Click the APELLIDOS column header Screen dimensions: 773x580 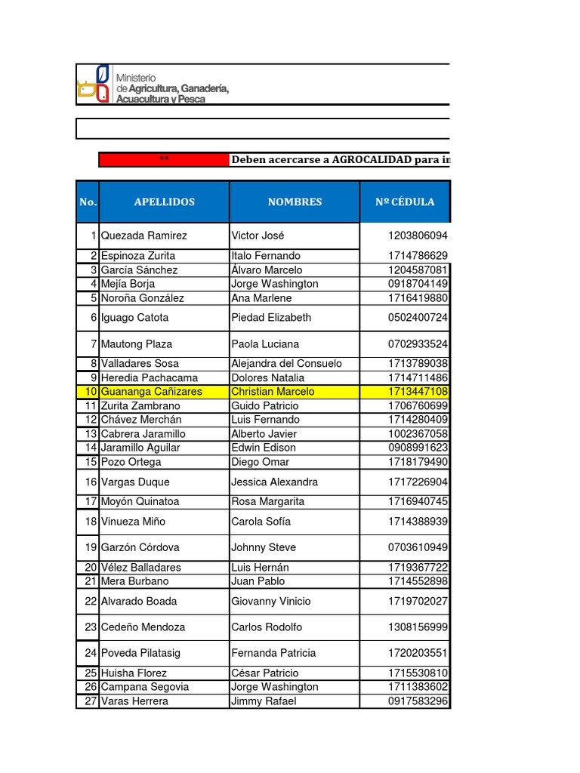coord(164,202)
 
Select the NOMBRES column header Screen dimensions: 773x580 coord(295,202)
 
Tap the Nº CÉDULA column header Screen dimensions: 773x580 coord(405,202)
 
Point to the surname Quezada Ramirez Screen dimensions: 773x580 coord(143,236)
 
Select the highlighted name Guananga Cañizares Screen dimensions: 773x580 coord(151,392)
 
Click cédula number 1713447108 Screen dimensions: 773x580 coord(418,392)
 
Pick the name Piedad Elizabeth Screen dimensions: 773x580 coord(271,318)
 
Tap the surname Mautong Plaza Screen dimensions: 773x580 coord(137,344)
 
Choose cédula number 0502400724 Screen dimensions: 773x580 coord(418,318)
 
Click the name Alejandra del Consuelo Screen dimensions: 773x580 coord(286,364)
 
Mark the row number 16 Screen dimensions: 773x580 coord(91,482)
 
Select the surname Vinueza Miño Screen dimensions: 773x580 coord(133,522)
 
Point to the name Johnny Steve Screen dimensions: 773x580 coord(264,547)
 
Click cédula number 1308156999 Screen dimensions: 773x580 coord(418,627)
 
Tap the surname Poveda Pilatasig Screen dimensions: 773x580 coord(140,653)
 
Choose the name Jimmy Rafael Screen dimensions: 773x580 coord(264,701)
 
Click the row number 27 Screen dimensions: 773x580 coord(91,701)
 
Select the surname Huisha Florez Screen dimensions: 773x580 coord(134,673)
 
